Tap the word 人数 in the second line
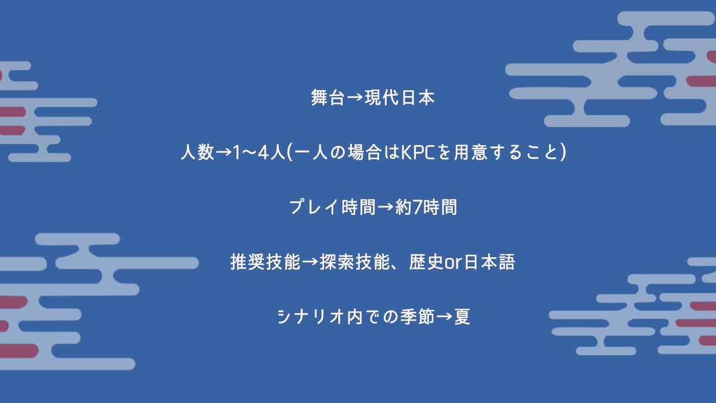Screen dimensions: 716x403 196,152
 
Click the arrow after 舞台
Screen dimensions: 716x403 354,98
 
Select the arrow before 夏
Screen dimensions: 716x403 445,317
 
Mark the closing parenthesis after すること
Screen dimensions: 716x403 561,153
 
